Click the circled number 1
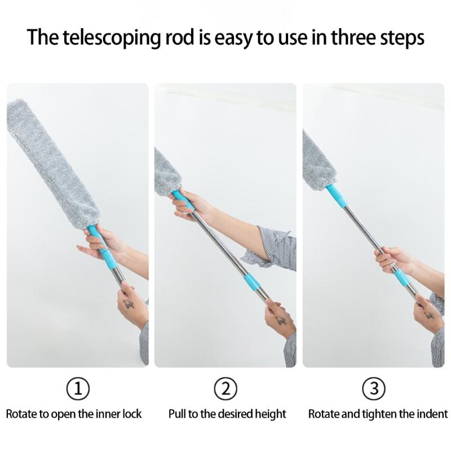click(78, 388)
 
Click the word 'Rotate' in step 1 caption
click(21, 414)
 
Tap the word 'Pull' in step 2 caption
click(177, 414)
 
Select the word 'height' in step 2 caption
click(269, 414)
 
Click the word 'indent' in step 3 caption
click(432, 414)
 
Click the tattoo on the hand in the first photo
click(129, 304)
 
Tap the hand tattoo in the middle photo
click(280, 321)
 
